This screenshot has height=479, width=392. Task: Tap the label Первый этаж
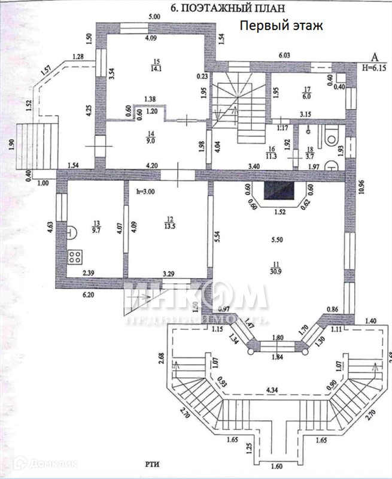click(281, 26)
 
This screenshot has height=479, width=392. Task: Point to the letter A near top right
click(375, 57)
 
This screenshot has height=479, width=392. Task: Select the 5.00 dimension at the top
click(155, 16)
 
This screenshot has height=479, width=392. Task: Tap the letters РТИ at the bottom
click(151, 463)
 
